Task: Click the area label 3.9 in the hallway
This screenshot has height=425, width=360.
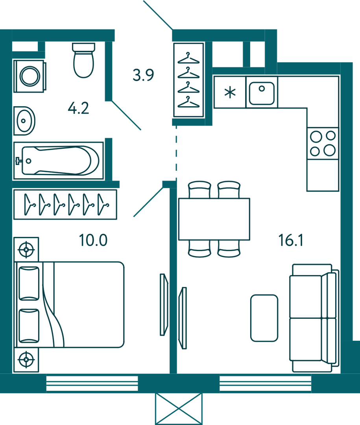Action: coord(143,75)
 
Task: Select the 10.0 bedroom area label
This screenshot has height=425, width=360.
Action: coord(93,240)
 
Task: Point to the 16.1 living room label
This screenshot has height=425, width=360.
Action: coord(291,240)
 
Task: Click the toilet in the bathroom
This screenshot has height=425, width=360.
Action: coord(83,61)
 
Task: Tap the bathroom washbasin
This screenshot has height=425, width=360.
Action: coord(24,120)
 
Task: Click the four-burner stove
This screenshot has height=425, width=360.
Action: coord(323,143)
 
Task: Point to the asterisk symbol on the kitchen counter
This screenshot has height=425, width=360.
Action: coord(230,93)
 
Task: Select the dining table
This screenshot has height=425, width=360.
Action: coord(214,219)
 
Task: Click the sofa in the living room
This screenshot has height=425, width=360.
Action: coord(314,318)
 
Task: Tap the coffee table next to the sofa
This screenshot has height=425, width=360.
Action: coord(264,318)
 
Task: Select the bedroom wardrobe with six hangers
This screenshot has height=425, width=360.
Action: coord(65,204)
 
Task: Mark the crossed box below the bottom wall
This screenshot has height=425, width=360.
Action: coord(179,409)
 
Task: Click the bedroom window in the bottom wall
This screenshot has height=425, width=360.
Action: coord(92,384)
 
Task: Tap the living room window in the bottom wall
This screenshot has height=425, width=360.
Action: coord(265,384)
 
